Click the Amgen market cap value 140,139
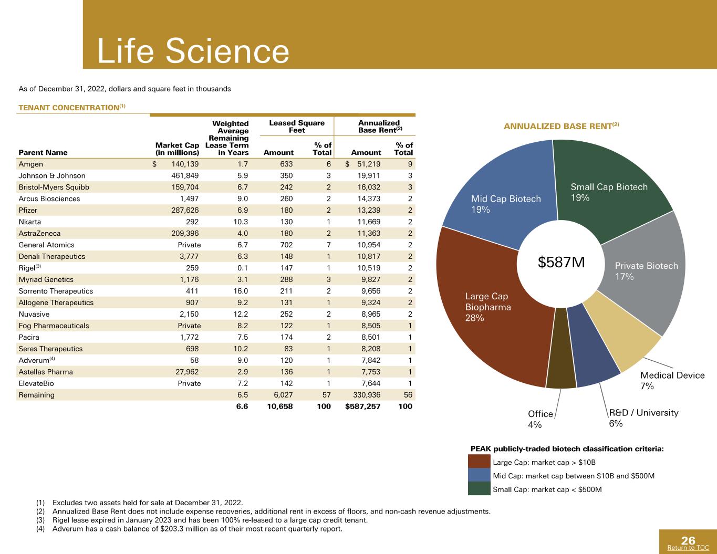tap(185, 164)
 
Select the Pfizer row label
tap(28, 210)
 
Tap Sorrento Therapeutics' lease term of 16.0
tap(241, 291)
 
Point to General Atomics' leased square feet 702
tap(286, 245)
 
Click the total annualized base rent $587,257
tap(362, 406)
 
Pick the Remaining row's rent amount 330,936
tap(367, 395)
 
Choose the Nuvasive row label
tap(34, 314)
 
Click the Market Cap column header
tap(177, 149)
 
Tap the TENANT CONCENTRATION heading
tap(72, 108)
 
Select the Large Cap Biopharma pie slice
tap(489, 323)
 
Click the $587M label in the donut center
tap(562, 262)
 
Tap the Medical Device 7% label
tap(672, 380)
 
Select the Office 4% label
tap(540, 419)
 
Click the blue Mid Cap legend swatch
tap(479, 475)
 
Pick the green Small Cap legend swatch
tap(479, 489)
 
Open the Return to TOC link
tap(688, 548)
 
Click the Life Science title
tap(193, 51)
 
